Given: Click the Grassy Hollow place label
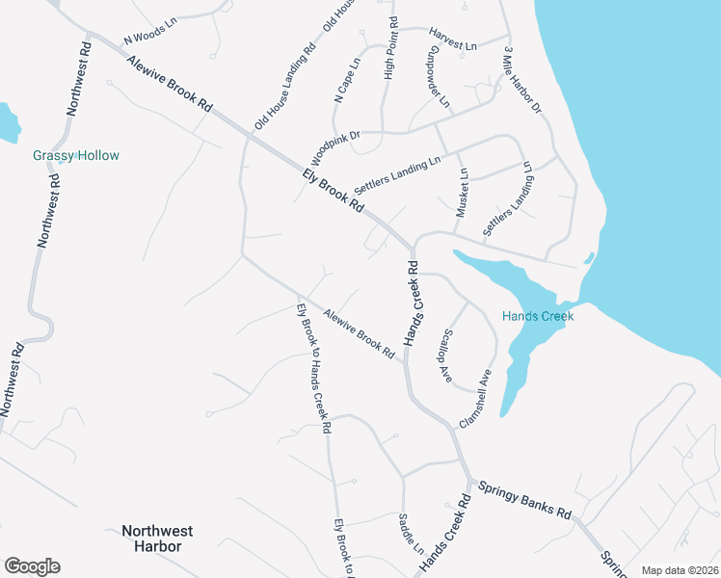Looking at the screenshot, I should pyautogui.click(x=76, y=155).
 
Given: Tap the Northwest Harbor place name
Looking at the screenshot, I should pyautogui.click(x=157, y=538).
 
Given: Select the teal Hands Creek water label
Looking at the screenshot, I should pyautogui.click(x=537, y=316).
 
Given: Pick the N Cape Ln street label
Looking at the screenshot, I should pyautogui.click(x=347, y=80).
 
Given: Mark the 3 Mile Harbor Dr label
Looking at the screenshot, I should pyautogui.click(x=521, y=84).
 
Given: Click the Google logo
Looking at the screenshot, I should pyautogui.click(x=32, y=566).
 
